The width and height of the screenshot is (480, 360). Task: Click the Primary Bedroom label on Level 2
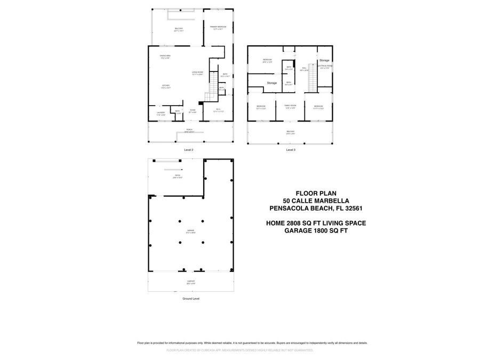click(x=218, y=27)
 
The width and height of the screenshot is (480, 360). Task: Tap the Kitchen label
click(x=166, y=86)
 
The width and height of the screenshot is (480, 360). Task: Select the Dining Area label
click(x=165, y=56)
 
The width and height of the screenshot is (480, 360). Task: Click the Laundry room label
click(x=161, y=113)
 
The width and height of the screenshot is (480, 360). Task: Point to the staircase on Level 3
click(x=313, y=80)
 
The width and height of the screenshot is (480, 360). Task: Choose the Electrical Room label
click(x=325, y=67)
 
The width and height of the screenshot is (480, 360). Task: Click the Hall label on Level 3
click(x=305, y=68)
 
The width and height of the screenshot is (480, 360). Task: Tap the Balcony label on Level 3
click(x=290, y=132)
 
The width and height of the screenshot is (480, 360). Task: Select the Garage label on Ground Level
click(x=190, y=231)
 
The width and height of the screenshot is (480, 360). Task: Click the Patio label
click(x=178, y=176)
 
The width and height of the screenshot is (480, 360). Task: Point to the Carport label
click(x=190, y=282)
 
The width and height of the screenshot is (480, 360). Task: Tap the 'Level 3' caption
click(x=291, y=150)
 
